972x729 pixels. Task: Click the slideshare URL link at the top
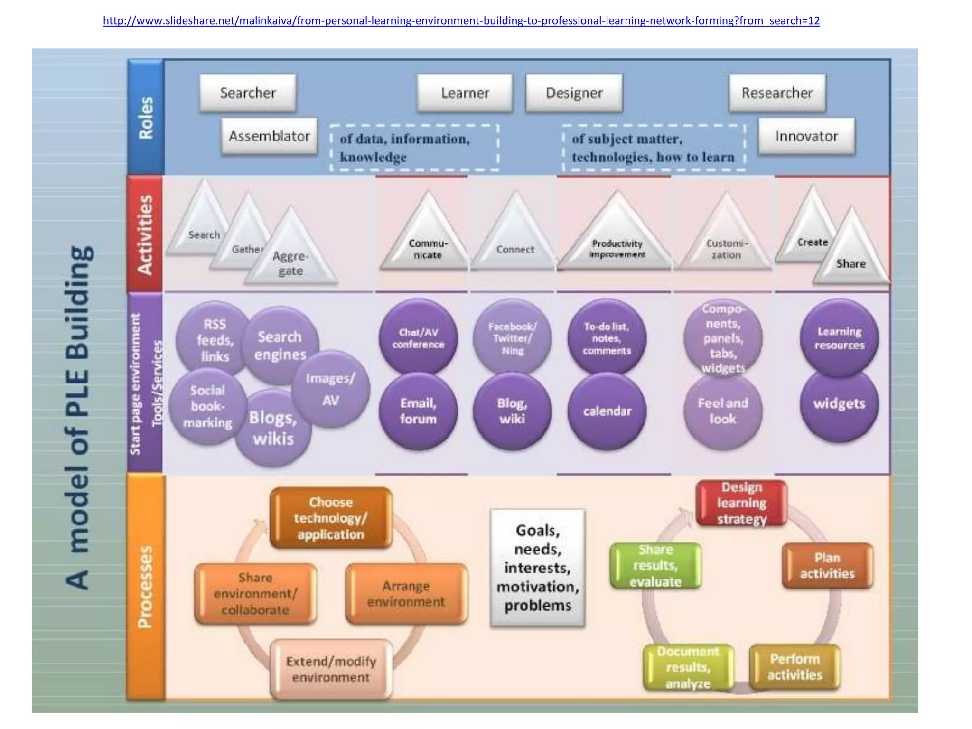coord(461,21)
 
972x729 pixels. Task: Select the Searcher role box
coord(248,93)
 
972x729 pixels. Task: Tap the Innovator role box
coord(806,137)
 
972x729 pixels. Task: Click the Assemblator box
coord(269,137)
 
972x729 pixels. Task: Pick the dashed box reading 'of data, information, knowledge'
coord(414,148)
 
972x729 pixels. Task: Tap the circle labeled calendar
coord(607,411)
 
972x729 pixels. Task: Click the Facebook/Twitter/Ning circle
coord(512,338)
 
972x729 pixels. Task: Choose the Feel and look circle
coord(722,411)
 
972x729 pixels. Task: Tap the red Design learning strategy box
coord(741,503)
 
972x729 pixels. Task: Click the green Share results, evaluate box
coord(655,566)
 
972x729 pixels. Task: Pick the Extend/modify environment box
coord(331,669)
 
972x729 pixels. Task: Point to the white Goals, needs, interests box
coord(537,568)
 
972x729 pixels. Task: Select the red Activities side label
coord(145,234)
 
